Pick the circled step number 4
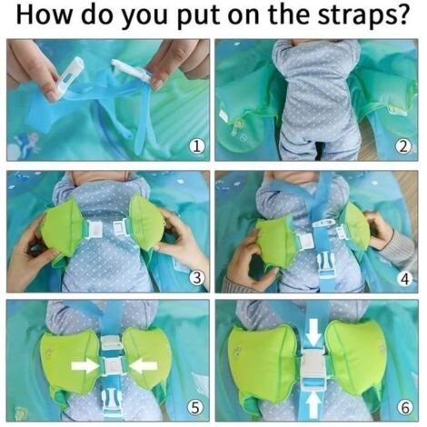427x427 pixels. coord(404,278)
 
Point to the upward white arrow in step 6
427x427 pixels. coord(312,398)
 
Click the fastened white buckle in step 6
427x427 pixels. coord(312,366)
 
